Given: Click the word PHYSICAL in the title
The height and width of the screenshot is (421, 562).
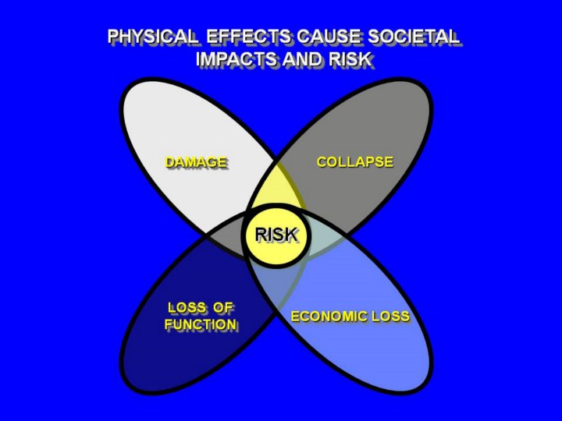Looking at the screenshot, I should (x=153, y=37).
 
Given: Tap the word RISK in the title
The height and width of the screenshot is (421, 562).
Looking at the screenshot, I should (x=351, y=59).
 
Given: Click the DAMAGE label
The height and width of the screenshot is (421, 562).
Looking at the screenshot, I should (x=196, y=162).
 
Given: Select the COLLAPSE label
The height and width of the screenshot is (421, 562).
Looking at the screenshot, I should (x=354, y=162).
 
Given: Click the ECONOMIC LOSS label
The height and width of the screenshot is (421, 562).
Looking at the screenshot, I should (x=350, y=317).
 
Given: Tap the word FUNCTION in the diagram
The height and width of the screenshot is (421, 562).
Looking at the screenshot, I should (x=201, y=324).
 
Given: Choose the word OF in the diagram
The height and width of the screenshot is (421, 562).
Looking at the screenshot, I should (x=223, y=307).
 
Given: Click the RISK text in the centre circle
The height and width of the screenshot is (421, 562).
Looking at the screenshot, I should (x=276, y=233).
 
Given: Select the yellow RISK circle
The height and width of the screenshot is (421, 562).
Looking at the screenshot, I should (x=276, y=249).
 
